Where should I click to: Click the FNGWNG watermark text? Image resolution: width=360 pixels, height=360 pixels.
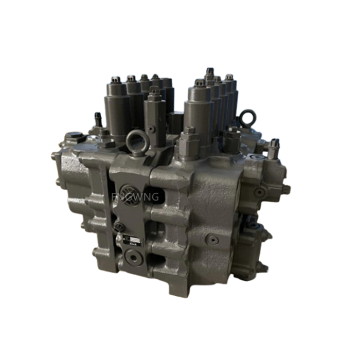point(137,196)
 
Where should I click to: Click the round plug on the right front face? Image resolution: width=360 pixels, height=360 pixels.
point(212,240)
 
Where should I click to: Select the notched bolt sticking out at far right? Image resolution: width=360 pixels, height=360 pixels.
point(274,148)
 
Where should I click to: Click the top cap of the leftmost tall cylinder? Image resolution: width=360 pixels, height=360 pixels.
point(116,81)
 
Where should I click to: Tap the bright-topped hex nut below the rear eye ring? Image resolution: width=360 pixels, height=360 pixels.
point(233,133)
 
